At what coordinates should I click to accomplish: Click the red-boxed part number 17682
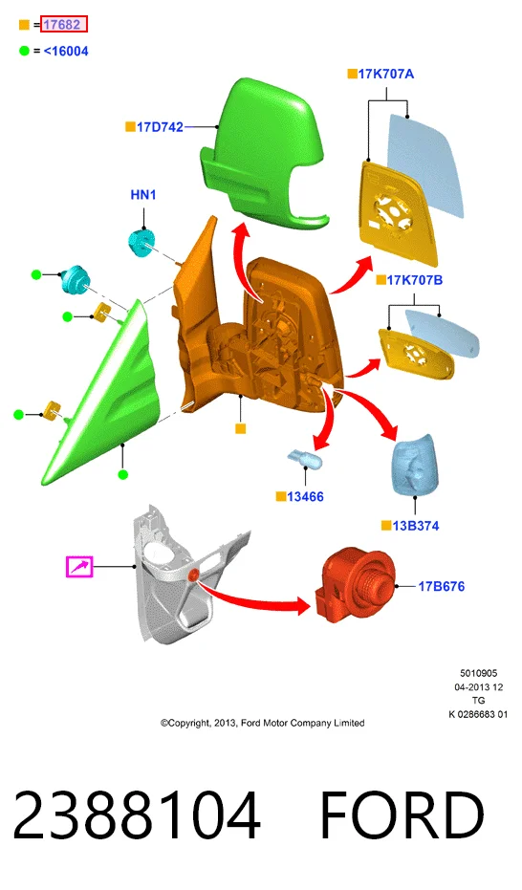63,25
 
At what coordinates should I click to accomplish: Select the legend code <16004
66,51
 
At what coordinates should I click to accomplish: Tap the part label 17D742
160,127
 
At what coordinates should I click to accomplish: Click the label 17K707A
386,74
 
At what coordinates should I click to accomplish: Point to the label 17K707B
415,280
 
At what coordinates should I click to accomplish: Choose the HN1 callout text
143,195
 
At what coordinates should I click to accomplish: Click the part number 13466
305,497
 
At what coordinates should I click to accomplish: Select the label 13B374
416,526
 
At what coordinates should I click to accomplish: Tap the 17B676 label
442,586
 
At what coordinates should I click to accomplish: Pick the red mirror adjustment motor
352,586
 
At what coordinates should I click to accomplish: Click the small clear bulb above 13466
305,458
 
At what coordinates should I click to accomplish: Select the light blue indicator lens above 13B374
415,466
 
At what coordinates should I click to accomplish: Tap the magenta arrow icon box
79,567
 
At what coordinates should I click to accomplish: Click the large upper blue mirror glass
425,164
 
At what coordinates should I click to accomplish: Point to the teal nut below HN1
141,243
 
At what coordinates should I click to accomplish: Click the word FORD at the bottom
402,815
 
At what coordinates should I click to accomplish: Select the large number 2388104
137,815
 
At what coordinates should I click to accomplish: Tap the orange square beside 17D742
130,126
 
